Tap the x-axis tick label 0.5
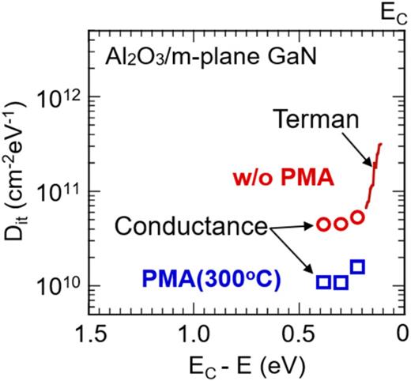coord(299,334)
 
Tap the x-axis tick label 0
coord(402,334)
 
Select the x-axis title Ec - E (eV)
coord(247,365)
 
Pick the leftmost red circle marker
coord(323,224)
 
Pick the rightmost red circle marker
coord(357,217)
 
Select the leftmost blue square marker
coord(323,282)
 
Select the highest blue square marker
coord(357,266)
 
